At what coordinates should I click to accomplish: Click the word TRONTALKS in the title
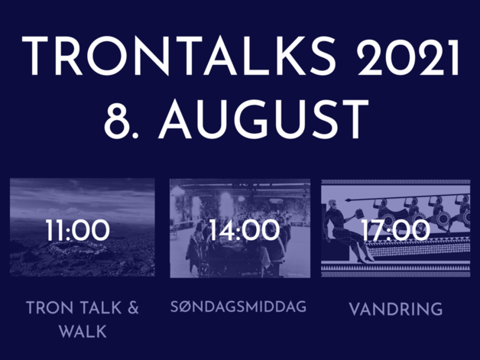[179, 56]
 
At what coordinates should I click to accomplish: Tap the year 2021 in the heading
[408, 56]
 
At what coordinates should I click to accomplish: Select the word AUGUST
[264, 119]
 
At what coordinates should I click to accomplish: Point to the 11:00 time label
[78, 230]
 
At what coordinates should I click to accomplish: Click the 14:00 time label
[245, 230]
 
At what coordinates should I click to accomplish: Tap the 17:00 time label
[395, 230]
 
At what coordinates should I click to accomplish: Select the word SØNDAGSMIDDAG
[238, 306]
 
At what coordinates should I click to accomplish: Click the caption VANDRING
[396, 309]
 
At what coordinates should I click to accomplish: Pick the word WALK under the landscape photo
[83, 332]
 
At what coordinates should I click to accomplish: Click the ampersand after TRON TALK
[133, 308]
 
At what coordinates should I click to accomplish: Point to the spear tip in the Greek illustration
[348, 200]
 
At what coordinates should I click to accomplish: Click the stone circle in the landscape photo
[80, 248]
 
